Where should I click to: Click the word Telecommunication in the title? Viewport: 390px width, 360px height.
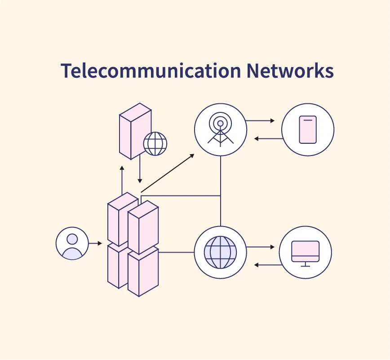(x=151, y=71)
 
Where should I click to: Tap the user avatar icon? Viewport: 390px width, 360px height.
(x=72, y=243)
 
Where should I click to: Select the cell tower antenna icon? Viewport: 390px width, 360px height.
(x=220, y=129)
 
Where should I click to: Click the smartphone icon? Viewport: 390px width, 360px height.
(x=308, y=129)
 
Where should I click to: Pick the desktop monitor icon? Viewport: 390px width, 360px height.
(x=306, y=252)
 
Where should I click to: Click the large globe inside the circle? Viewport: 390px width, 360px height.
(x=220, y=252)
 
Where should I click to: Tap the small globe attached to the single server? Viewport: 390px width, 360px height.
(x=155, y=144)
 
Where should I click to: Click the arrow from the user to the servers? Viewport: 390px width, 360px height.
(x=95, y=244)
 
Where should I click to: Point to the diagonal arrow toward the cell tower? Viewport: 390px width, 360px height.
(x=167, y=173)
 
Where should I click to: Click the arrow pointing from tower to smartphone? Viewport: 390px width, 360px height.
(x=261, y=121)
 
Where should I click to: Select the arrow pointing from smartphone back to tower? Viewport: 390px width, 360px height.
(x=268, y=138)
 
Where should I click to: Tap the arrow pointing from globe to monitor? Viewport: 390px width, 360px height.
(x=261, y=247)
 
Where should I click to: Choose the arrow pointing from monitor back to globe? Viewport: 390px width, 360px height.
(x=268, y=265)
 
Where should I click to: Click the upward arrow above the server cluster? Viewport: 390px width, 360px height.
(x=122, y=180)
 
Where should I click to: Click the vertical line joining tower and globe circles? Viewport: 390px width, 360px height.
(x=221, y=191)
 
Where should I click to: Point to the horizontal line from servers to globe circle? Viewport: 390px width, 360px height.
(x=176, y=252)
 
